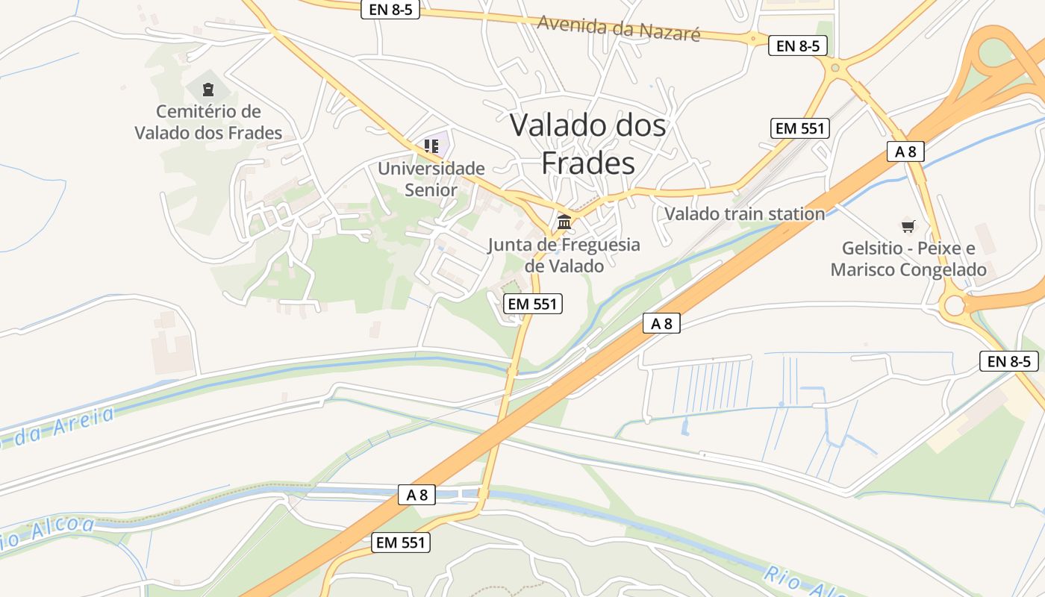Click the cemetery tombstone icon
click(208, 90)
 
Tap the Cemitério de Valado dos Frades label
click(208, 122)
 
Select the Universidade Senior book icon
click(431, 146)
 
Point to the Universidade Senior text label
click(431, 179)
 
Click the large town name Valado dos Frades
click(587, 143)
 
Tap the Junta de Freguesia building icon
click(564, 222)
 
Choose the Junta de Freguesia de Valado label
click(564, 254)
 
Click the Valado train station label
click(744, 214)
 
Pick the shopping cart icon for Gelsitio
click(908, 226)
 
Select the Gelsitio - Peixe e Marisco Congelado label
click(908, 259)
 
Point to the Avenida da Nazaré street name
click(619, 28)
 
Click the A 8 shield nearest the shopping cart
click(905, 151)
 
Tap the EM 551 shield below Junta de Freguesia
click(533, 304)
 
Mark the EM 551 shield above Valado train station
click(800, 128)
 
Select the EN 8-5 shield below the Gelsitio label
click(1009, 361)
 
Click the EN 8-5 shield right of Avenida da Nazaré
click(798, 46)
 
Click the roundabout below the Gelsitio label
click(953, 304)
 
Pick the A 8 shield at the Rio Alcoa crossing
click(417, 494)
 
